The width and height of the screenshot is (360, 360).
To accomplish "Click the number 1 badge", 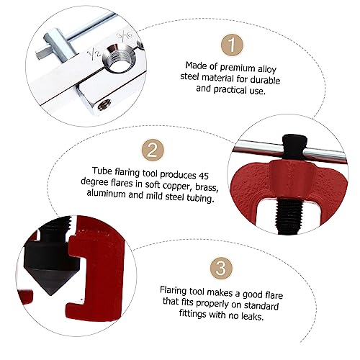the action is (x=232, y=45).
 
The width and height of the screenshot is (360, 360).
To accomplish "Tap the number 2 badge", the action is (x=153, y=150).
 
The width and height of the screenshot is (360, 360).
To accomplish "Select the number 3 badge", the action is (x=221, y=268).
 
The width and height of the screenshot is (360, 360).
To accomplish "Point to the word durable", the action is (x=265, y=79).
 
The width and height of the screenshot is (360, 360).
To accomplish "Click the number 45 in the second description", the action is (x=203, y=176).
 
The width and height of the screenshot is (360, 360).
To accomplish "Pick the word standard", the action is (x=261, y=305).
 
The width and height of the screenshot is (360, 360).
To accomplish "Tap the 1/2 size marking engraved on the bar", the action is (x=92, y=55).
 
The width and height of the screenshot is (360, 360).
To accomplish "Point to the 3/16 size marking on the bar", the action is (x=125, y=36).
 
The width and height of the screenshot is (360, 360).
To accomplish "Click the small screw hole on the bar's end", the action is (x=104, y=105).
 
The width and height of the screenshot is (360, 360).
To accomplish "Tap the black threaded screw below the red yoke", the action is (x=289, y=215).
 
